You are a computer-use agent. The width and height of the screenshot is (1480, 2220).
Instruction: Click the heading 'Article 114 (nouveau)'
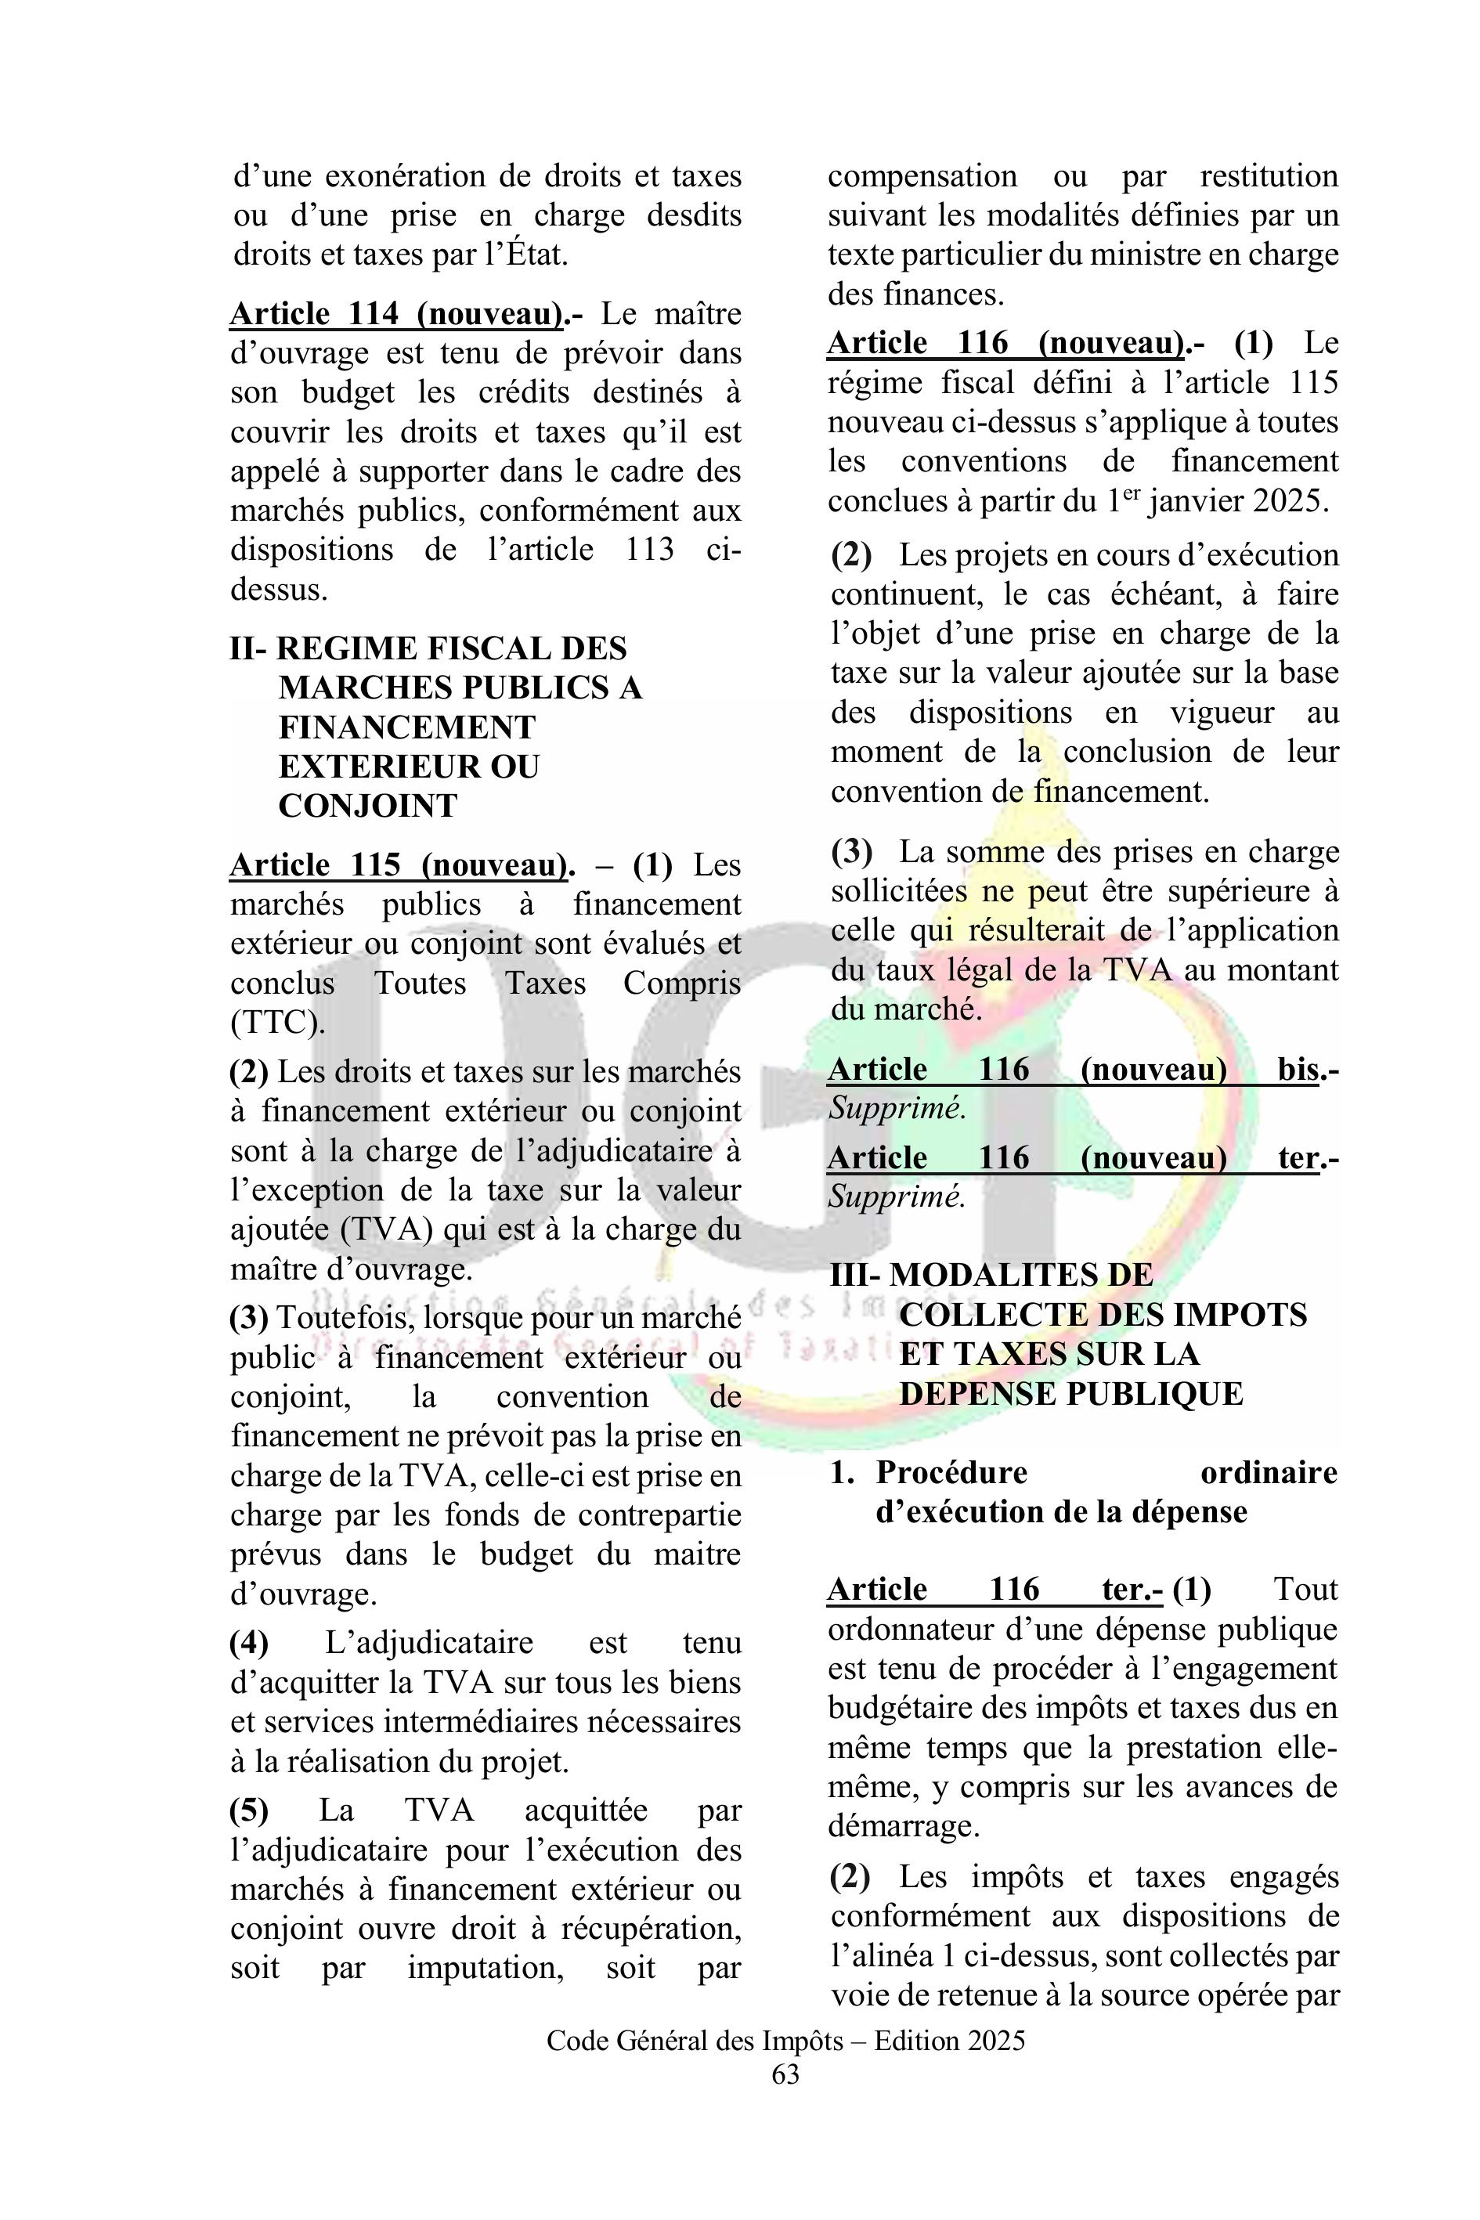[396, 313]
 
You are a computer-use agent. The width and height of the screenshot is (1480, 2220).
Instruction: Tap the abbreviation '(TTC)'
[277, 1022]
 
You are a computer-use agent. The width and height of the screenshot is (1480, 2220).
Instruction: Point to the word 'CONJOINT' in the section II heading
[367, 805]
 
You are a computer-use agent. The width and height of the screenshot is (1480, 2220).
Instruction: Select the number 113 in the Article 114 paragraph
[649, 550]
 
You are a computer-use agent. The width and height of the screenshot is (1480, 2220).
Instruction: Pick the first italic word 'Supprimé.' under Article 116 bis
[897, 1108]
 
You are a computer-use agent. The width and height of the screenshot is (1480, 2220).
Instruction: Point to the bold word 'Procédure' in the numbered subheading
[951, 1472]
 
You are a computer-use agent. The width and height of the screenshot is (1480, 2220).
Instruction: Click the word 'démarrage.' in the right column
[904, 1825]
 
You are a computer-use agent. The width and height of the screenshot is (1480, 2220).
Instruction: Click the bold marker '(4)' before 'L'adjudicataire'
[249, 1644]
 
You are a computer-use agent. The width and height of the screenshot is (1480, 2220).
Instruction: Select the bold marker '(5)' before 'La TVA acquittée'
[249, 1810]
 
